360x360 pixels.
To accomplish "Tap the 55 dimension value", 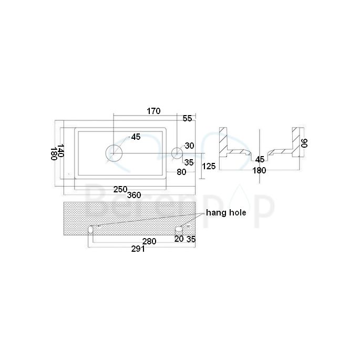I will [x=187, y=119].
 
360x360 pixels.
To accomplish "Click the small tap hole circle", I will [x=177, y=153].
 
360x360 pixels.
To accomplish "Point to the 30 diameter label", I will [x=189, y=146].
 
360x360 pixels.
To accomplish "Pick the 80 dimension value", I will [x=181, y=171].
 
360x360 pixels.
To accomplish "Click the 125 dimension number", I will [x=209, y=166].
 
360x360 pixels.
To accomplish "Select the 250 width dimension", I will [x=121, y=188].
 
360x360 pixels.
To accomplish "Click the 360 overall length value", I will [x=134, y=195].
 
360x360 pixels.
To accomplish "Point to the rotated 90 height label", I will [x=303, y=142].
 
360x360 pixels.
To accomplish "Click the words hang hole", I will [x=226, y=212].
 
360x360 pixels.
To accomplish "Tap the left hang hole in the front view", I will [x=91, y=230].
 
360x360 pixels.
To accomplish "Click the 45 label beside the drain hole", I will [x=136, y=137].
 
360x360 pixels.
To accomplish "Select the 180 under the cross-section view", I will [x=259, y=170].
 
